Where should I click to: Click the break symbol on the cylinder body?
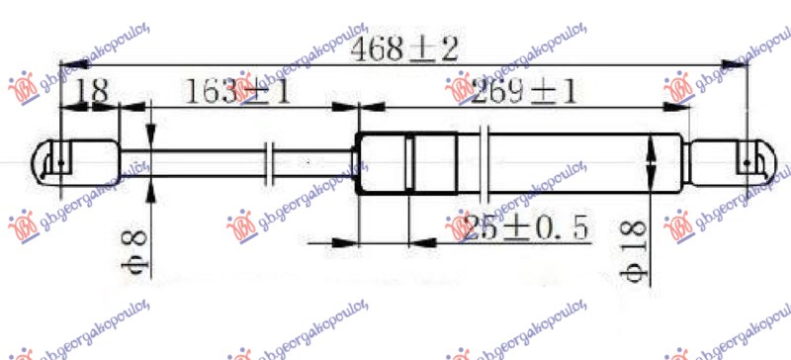(483, 161)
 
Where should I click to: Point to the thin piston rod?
(208, 161)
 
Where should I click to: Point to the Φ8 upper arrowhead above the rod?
(150, 138)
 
